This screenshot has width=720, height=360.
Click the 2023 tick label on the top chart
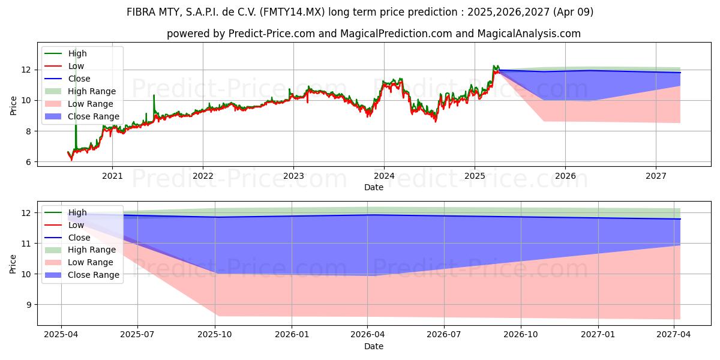pos(293,176)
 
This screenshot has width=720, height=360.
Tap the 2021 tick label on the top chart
pos(112,176)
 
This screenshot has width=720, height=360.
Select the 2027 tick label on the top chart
pos(656,176)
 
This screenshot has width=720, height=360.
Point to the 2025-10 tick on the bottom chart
pos(215,335)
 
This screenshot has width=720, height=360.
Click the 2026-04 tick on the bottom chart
pos(367,335)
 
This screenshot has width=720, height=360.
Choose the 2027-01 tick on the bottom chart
pos(598,335)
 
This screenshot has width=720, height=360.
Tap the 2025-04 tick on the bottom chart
pos(61,335)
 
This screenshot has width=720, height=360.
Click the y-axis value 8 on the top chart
pos(29,131)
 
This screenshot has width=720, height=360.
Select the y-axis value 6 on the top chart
pos(29,162)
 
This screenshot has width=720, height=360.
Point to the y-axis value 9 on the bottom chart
pos(29,305)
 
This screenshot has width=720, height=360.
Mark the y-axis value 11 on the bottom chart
pos(26,244)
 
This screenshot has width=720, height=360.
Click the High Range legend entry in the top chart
pos(80,91)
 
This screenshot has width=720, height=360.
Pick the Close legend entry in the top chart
pos(67,79)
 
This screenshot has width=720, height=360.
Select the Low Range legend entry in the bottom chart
pos(79,262)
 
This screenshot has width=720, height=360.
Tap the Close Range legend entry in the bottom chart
pos(82,275)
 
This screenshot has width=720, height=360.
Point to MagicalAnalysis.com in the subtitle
pos(529,34)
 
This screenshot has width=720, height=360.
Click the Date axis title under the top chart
pos(374,187)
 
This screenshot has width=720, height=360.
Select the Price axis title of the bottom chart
pos(13,264)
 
